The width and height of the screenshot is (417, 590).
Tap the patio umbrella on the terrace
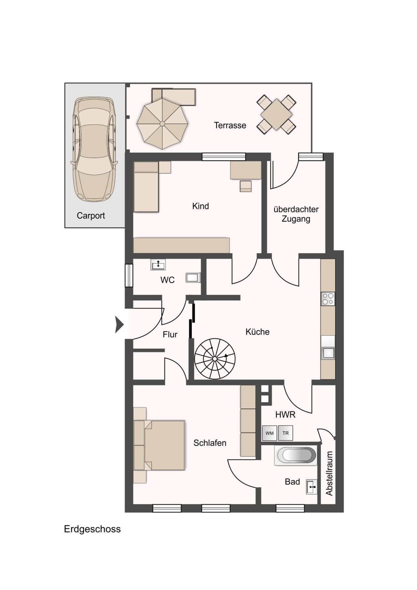click(162, 123)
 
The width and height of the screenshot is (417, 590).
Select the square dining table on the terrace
click(276, 114)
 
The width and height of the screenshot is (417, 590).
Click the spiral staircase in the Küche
click(215, 359)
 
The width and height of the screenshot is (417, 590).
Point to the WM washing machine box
click(269, 433)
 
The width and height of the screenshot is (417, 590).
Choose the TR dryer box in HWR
click(285, 433)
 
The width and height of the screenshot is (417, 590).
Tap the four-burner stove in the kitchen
click(328, 299)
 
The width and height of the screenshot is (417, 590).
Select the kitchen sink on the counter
click(328, 353)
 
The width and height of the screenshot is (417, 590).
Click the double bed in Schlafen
click(159, 445)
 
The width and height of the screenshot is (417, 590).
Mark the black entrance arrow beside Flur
click(120, 324)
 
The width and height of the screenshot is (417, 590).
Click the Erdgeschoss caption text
click(92, 529)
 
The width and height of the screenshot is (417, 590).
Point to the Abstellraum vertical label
click(329, 473)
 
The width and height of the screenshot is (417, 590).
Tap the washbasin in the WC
click(158, 265)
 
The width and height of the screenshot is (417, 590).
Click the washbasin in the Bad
click(312, 487)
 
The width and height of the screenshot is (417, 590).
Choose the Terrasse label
click(230, 125)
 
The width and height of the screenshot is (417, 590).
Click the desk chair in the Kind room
click(246, 186)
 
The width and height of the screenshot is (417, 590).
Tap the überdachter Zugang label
click(296, 214)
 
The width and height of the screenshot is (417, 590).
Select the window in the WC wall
click(129, 275)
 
